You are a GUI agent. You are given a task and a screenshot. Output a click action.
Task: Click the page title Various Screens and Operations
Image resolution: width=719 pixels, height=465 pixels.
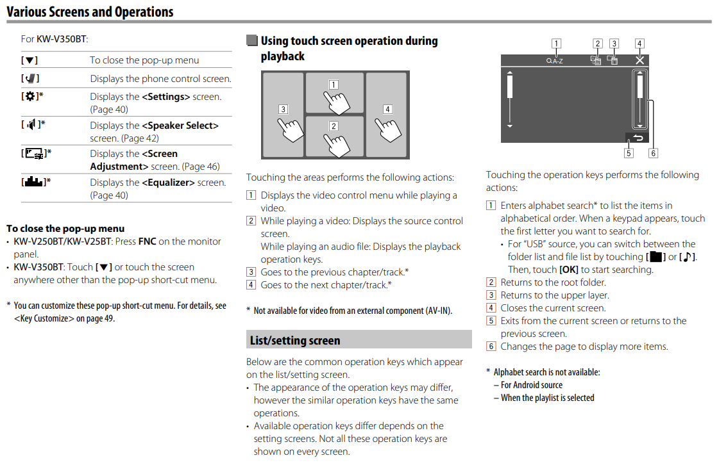pyautogui.click(x=90, y=12)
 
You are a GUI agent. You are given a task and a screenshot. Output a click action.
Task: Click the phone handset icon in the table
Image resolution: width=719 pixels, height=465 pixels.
pyautogui.click(x=30, y=79)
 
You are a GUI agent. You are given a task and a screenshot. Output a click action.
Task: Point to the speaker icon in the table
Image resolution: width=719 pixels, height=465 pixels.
pyautogui.click(x=31, y=125)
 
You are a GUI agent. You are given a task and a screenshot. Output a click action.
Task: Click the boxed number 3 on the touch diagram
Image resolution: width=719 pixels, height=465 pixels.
pyautogui.click(x=283, y=109)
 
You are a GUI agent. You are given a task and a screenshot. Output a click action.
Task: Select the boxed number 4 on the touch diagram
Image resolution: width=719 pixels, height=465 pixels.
pyautogui.click(x=387, y=109)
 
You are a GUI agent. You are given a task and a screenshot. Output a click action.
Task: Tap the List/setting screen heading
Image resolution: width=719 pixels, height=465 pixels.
pyautogui.click(x=295, y=340)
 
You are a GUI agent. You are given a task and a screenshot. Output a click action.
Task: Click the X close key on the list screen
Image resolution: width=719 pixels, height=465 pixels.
pyautogui.click(x=639, y=60)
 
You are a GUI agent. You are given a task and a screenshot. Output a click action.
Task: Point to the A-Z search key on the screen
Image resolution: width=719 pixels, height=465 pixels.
pyautogui.click(x=555, y=60)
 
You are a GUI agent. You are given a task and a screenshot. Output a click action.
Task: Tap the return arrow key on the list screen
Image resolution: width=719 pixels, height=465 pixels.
pyautogui.click(x=636, y=137)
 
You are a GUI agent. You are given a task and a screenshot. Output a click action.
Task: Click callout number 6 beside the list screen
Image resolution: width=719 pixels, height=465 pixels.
pyautogui.click(x=653, y=153)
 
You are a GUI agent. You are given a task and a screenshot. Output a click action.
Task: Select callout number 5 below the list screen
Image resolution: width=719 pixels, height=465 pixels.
pyautogui.click(x=629, y=153)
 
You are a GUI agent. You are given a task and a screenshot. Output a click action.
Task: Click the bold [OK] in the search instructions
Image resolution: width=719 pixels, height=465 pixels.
pyautogui.click(x=569, y=270)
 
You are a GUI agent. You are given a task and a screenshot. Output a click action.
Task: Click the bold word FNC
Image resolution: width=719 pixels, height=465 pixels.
pyautogui.click(x=148, y=241)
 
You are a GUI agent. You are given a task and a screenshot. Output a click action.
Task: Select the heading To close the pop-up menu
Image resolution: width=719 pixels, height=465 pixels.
pyautogui.click(x=65, y=228)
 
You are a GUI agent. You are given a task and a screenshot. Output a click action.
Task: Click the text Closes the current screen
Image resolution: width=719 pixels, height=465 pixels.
pyautogui.click(x=553, y=308)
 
